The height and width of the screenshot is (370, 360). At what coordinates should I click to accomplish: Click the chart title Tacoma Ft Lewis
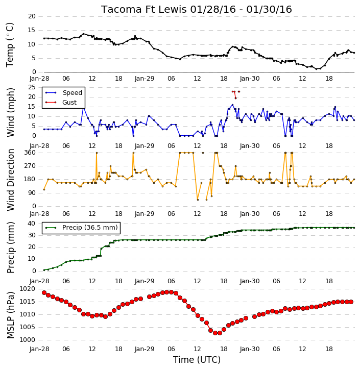[144, 9]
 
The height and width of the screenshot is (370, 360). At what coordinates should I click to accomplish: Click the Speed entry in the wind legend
[72, 93]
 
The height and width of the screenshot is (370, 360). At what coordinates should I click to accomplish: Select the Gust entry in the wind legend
[69, 103]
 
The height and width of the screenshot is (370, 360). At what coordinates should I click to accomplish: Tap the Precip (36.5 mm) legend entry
[90, 228]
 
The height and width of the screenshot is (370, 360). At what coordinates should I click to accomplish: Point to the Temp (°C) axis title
[10, 45]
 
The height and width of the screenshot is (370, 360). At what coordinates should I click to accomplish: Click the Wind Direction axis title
[11, 180]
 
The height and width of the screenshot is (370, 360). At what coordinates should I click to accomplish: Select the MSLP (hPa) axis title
[10, 315]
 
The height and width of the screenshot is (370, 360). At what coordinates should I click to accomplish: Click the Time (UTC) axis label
[197, 360]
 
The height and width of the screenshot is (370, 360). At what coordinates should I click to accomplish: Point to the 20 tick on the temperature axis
[32, 16]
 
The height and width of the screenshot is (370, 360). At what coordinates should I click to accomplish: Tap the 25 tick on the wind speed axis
[32, 87]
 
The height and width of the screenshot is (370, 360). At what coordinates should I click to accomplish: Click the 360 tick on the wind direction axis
[30, 153]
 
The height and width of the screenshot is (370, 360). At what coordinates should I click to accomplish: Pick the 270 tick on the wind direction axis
[30, 166]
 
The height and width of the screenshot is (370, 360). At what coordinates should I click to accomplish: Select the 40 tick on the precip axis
[32, 223]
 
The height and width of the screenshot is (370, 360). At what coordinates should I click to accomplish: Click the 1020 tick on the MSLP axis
[27, 289]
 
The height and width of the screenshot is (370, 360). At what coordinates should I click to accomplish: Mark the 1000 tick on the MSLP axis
[27, 340]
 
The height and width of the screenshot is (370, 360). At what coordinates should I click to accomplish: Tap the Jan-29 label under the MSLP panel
[145, 349]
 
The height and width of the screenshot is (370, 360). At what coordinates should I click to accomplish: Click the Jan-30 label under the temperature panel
[250, 79]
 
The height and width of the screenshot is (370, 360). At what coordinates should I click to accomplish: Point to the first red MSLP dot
[44, 292]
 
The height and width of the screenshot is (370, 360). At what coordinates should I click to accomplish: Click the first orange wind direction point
[44, 189]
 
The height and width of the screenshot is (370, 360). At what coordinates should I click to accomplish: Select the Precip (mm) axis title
[10, 248]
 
